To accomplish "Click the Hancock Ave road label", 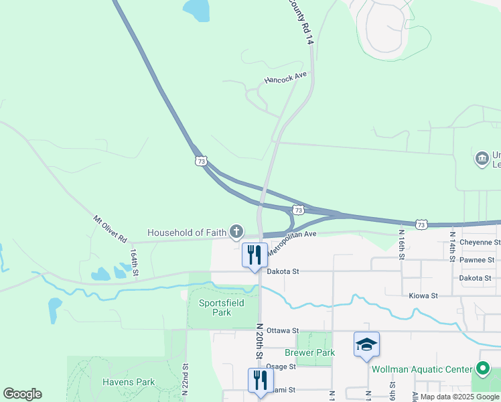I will pos(285,78).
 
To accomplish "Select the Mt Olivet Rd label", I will pos(110,228).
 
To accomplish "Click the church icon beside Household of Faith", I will pos(236,232).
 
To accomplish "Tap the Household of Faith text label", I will pos(187,232).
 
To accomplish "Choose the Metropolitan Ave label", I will pos(291,242).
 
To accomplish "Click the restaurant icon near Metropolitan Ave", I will pos(254,255).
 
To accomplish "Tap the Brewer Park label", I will pos(309,352).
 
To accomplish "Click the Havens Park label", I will pos(129,383).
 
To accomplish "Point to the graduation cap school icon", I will pos(366,344).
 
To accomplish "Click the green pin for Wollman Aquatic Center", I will pos(482,368).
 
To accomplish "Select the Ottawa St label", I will pos(282,331).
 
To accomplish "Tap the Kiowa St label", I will pos(423,295).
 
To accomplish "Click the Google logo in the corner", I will pos(22,394).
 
